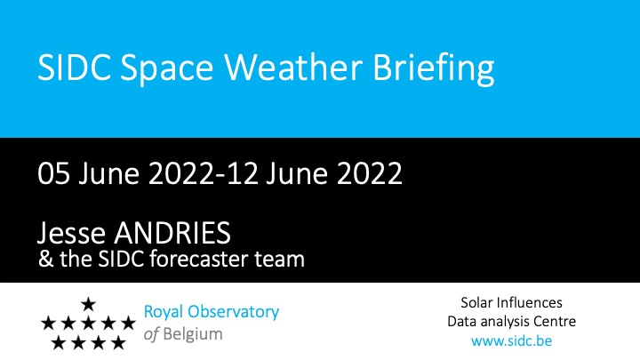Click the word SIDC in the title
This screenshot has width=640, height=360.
75,67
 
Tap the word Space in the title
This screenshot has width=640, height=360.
166,70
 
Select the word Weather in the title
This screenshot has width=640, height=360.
293,67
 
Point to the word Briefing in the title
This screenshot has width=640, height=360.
433,70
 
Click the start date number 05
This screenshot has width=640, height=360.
53,173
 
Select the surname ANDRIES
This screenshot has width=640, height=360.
172,233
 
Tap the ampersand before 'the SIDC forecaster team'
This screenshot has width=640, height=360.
46,260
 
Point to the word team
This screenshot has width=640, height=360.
280,260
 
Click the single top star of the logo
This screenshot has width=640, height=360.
88,304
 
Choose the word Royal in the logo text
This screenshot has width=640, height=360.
164,313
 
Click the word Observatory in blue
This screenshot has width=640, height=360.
233,312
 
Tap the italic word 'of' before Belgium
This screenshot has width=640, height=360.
151,334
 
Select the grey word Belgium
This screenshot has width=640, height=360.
193,335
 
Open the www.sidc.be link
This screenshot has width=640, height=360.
511,340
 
